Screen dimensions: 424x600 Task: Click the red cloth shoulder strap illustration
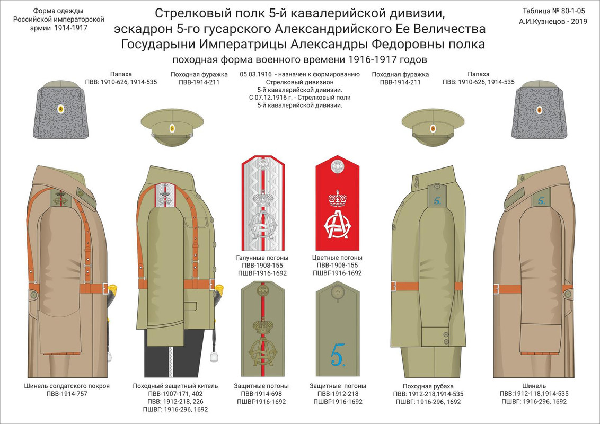click(338, 207)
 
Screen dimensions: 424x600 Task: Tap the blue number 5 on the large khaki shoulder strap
click(338, 354)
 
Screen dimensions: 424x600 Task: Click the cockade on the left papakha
click(60, 110)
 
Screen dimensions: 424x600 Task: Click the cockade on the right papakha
click(539, 110)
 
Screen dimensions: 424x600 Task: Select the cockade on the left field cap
click(172, 128)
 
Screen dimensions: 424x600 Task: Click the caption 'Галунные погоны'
click(261, 258)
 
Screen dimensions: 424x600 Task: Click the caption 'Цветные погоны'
click(338, 258)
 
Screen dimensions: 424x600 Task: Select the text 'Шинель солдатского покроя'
click(67, 386)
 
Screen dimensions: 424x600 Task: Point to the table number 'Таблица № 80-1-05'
click(554, 11)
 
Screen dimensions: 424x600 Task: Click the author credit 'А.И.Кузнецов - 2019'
click(554, 22)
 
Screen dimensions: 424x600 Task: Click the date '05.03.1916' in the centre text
click(258, 75)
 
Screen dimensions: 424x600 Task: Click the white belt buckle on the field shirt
click(393, 287)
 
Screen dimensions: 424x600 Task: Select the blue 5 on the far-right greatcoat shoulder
click(541, 200)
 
